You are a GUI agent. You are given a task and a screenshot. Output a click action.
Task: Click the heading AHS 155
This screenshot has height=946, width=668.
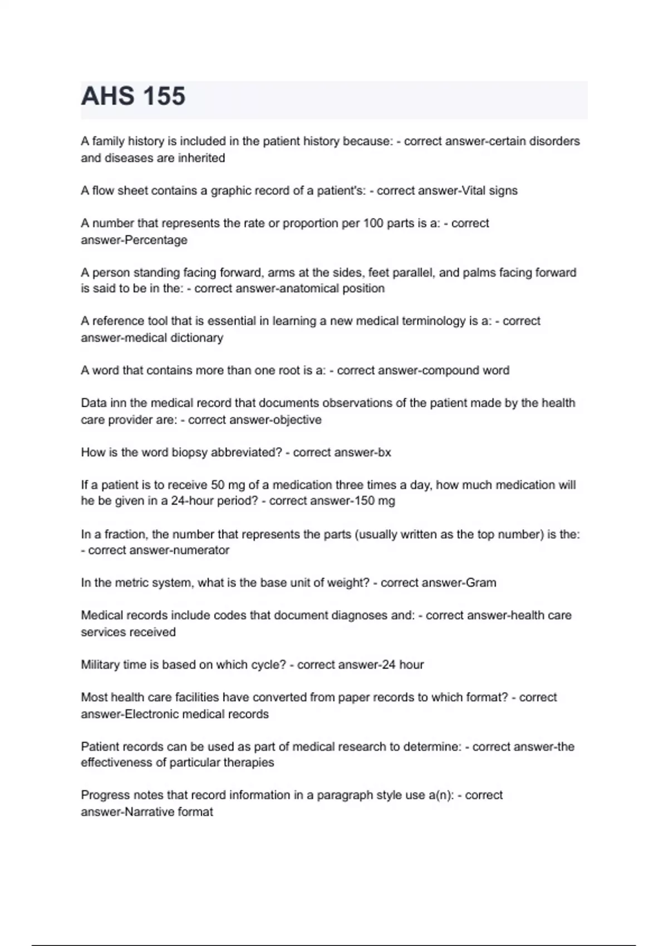(x=133, y=96)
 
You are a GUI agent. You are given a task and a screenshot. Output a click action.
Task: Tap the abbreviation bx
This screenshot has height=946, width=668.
(x=385, y=452)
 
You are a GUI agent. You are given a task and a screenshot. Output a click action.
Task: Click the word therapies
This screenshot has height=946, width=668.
(x=249, y=762)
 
